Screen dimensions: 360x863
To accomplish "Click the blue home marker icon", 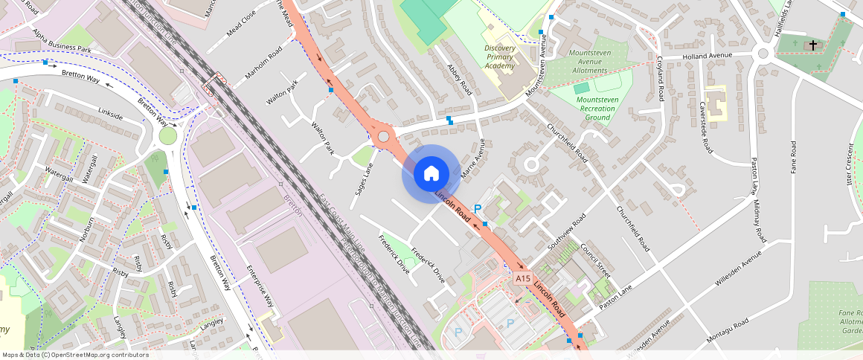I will click(431, 173).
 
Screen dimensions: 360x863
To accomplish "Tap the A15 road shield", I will click(523, 278).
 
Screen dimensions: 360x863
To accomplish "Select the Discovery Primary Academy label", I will click(499, 57).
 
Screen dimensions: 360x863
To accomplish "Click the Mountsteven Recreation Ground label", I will click(597, 108).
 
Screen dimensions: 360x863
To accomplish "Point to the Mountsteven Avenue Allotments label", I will click(593, 62).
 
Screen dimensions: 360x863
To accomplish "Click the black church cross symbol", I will click(812, 46).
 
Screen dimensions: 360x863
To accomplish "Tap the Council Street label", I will click(594, 261).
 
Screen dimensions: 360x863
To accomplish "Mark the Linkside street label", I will click(110, 115).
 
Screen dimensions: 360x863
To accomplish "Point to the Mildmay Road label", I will click(760, 221).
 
